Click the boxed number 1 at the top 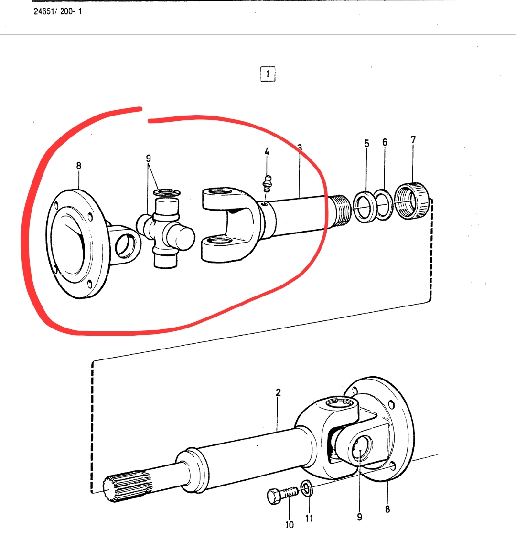pyautogui.click(x=268, y=74)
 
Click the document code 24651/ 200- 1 pyautogui.click(x=58, y=11)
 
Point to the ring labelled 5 pyautogui.click(x=365, y=207)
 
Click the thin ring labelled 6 pyautogui.click(x=384, y=204)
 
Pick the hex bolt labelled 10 pyautogui.click(x=282, y=495)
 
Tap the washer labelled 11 pyautogui.click(x=306, y=488)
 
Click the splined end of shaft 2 pyautogui.click(x=127, y=486)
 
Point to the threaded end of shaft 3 pyautogui.click(x=340, y=211)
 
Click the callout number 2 pyautogui.click(x=278, y=392)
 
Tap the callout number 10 pyautogui.click(x=290, y=525)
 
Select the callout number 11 pyautogui.click(x=309, y=518)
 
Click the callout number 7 pyautogui.click(x=413, y=139)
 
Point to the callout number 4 pyautogui.click(x=267, y=151)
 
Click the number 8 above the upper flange pyautogui.click(x=79, y=165)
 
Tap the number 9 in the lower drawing pyautogui.click(x=359, y=517)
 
